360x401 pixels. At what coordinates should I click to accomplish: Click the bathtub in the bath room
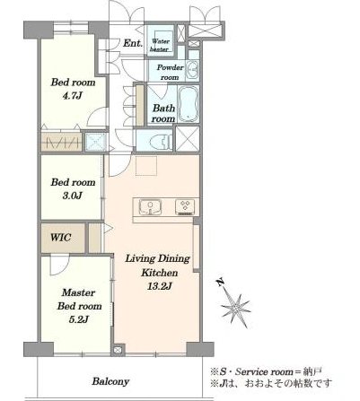pyautogui.click(x=189, y=104)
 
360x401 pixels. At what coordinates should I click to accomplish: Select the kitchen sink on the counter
pyautogui.click(x=150, y=206)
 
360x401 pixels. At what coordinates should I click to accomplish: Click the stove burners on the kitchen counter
pyautogui.click(x=185, y=206)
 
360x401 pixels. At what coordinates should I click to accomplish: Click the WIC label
pyautogui.click(x=61, y=238)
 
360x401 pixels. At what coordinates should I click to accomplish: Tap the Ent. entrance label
pyautogui.click(x=133, y=43)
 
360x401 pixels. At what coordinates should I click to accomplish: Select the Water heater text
pyautogui.click(x=160, y=45)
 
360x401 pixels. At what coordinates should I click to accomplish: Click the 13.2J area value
pyautogui.click(x=159, y=286)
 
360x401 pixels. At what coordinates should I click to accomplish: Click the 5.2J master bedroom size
pyautogui.click(x=78, y=319)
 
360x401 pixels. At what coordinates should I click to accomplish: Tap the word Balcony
pyautogui.click(x=110, y=381)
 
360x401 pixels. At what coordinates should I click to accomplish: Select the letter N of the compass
pyautogui.click(x=221, y=283)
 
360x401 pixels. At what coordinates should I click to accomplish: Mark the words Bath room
pyautogui.click(x=163, y=113)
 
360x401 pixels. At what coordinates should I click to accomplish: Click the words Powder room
pyautogui.click(x=170, y=72)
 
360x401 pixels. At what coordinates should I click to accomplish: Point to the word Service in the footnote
pyautogui.click(x=252, y=372)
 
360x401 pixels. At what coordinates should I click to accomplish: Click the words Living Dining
pyautogui.click(x=157, y=258)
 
